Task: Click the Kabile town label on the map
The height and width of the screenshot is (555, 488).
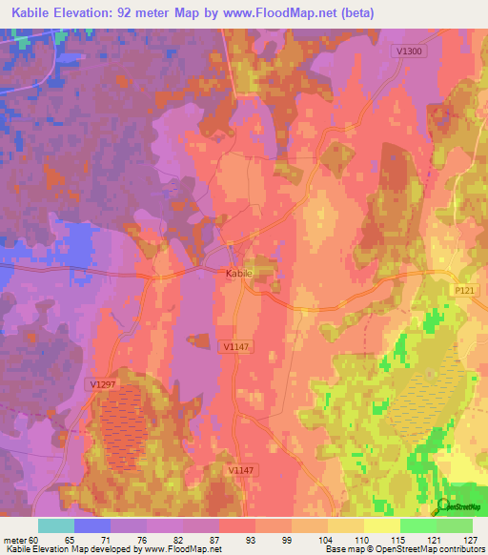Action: tap(238, 274)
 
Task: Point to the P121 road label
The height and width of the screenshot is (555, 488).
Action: tap(464, 298)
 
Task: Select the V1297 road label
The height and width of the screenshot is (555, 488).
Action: tap(101, 383)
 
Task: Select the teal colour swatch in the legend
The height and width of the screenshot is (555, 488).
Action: tap(56, 525)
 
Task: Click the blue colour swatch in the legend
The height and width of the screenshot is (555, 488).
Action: tap(92, 525)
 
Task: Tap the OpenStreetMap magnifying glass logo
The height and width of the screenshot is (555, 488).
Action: tap(442, 505)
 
